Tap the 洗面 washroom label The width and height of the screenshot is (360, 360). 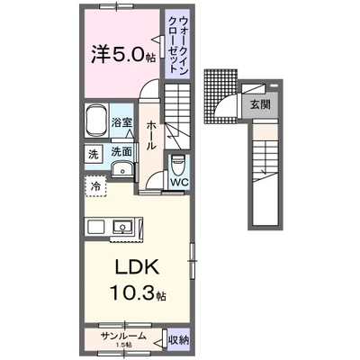click(121, 153)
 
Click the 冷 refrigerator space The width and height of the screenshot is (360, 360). click(96, 186)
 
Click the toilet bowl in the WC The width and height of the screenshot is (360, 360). click(179, 166)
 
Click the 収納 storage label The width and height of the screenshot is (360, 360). click(178, 339)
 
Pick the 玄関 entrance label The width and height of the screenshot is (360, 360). click(260, 103)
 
